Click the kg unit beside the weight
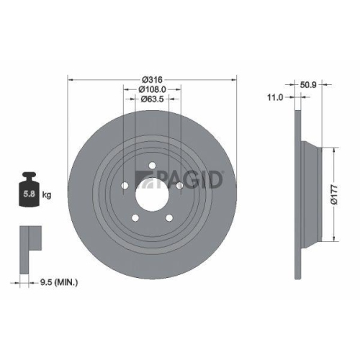click(x=46, y=194)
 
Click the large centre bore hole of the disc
click(x=151, y=192)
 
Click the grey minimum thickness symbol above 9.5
click(x=27, y=238)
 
